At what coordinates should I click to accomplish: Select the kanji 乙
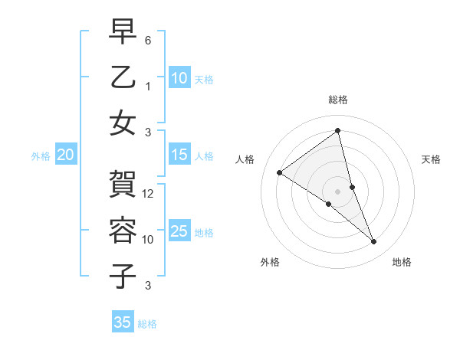pos(123,77)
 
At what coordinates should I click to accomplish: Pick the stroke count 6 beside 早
pos(148,40)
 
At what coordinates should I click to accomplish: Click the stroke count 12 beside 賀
pos(149,194)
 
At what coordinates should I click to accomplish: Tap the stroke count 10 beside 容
pos(149,239)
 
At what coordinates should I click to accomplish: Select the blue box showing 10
pos(179,77)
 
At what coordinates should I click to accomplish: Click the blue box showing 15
pos(179,155)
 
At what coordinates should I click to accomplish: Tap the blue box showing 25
pos(179,231)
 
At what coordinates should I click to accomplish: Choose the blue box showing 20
pos(65,155)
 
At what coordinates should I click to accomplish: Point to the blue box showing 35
pos(123,322)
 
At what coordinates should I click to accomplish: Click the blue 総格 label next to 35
pos(147,324)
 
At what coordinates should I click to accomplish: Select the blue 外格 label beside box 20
pos(41,156)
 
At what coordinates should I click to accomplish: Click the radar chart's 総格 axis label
pos(338,100)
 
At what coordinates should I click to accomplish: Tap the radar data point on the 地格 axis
pos(374,242)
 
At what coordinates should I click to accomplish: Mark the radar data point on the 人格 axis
pos(279,173)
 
